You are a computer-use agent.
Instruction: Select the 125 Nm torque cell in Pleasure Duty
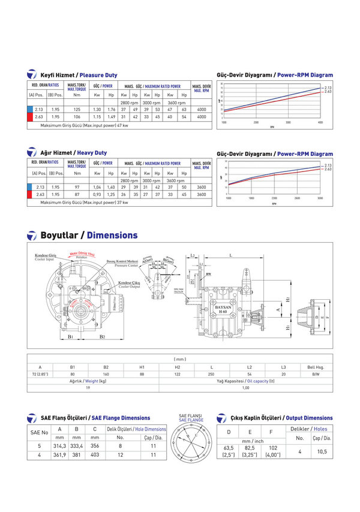(77, 110)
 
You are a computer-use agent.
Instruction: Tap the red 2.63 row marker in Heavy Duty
(29, 194)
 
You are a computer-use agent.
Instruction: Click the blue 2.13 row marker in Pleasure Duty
(29, 110)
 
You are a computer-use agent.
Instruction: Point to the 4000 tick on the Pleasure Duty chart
(320, 122)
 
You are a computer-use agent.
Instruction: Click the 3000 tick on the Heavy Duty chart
(320, 198)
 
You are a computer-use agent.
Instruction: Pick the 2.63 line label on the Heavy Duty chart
(328, 170)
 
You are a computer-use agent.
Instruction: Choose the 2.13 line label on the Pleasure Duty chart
(328, 88)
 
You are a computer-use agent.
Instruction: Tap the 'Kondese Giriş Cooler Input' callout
(44, 257)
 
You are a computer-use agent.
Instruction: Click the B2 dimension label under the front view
(102, 337)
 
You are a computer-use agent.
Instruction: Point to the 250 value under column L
(211, 374)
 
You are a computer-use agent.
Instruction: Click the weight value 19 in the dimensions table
(88, 388)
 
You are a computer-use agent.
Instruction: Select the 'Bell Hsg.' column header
(316, 366)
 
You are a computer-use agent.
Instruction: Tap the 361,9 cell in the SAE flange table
(59, 455)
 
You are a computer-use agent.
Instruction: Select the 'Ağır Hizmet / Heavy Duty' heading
(73, 153)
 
